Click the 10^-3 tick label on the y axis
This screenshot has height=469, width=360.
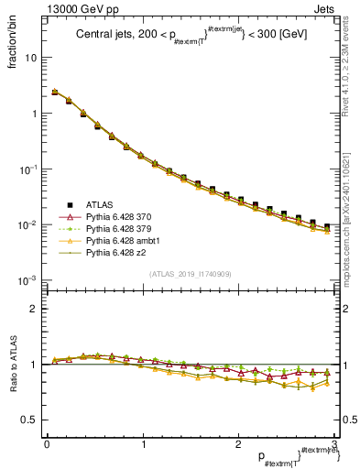pyautogui.click(x=27, y=280)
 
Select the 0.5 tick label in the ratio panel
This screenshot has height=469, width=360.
pyautogui.click(x=29, y=420)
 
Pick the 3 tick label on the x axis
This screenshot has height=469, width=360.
pyautogui.click(x=335, y=443)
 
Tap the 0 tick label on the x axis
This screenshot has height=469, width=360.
pyautogui.click(x=47, y=443)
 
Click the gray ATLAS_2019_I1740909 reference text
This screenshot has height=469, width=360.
pyautogui.click(x=190, y=274)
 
